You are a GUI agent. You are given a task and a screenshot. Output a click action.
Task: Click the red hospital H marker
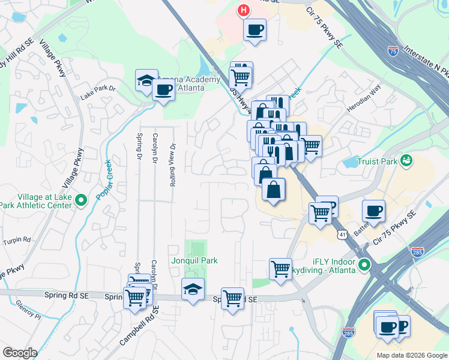(243, 10)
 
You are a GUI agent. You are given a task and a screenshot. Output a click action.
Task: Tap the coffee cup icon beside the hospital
(255, 29)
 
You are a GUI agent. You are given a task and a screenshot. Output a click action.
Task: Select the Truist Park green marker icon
(407, 160)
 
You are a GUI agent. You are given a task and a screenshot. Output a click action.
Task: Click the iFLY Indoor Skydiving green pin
(364, 264)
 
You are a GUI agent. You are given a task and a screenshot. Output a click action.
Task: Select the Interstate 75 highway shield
(393, 51)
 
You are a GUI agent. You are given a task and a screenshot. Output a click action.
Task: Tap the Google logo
(20, 353)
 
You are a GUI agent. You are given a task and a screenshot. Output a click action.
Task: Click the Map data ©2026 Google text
(412, 355)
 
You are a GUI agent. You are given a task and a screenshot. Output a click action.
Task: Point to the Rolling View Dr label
(173, 164)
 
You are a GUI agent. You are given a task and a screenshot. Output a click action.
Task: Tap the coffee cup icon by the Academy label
(163, 90)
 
